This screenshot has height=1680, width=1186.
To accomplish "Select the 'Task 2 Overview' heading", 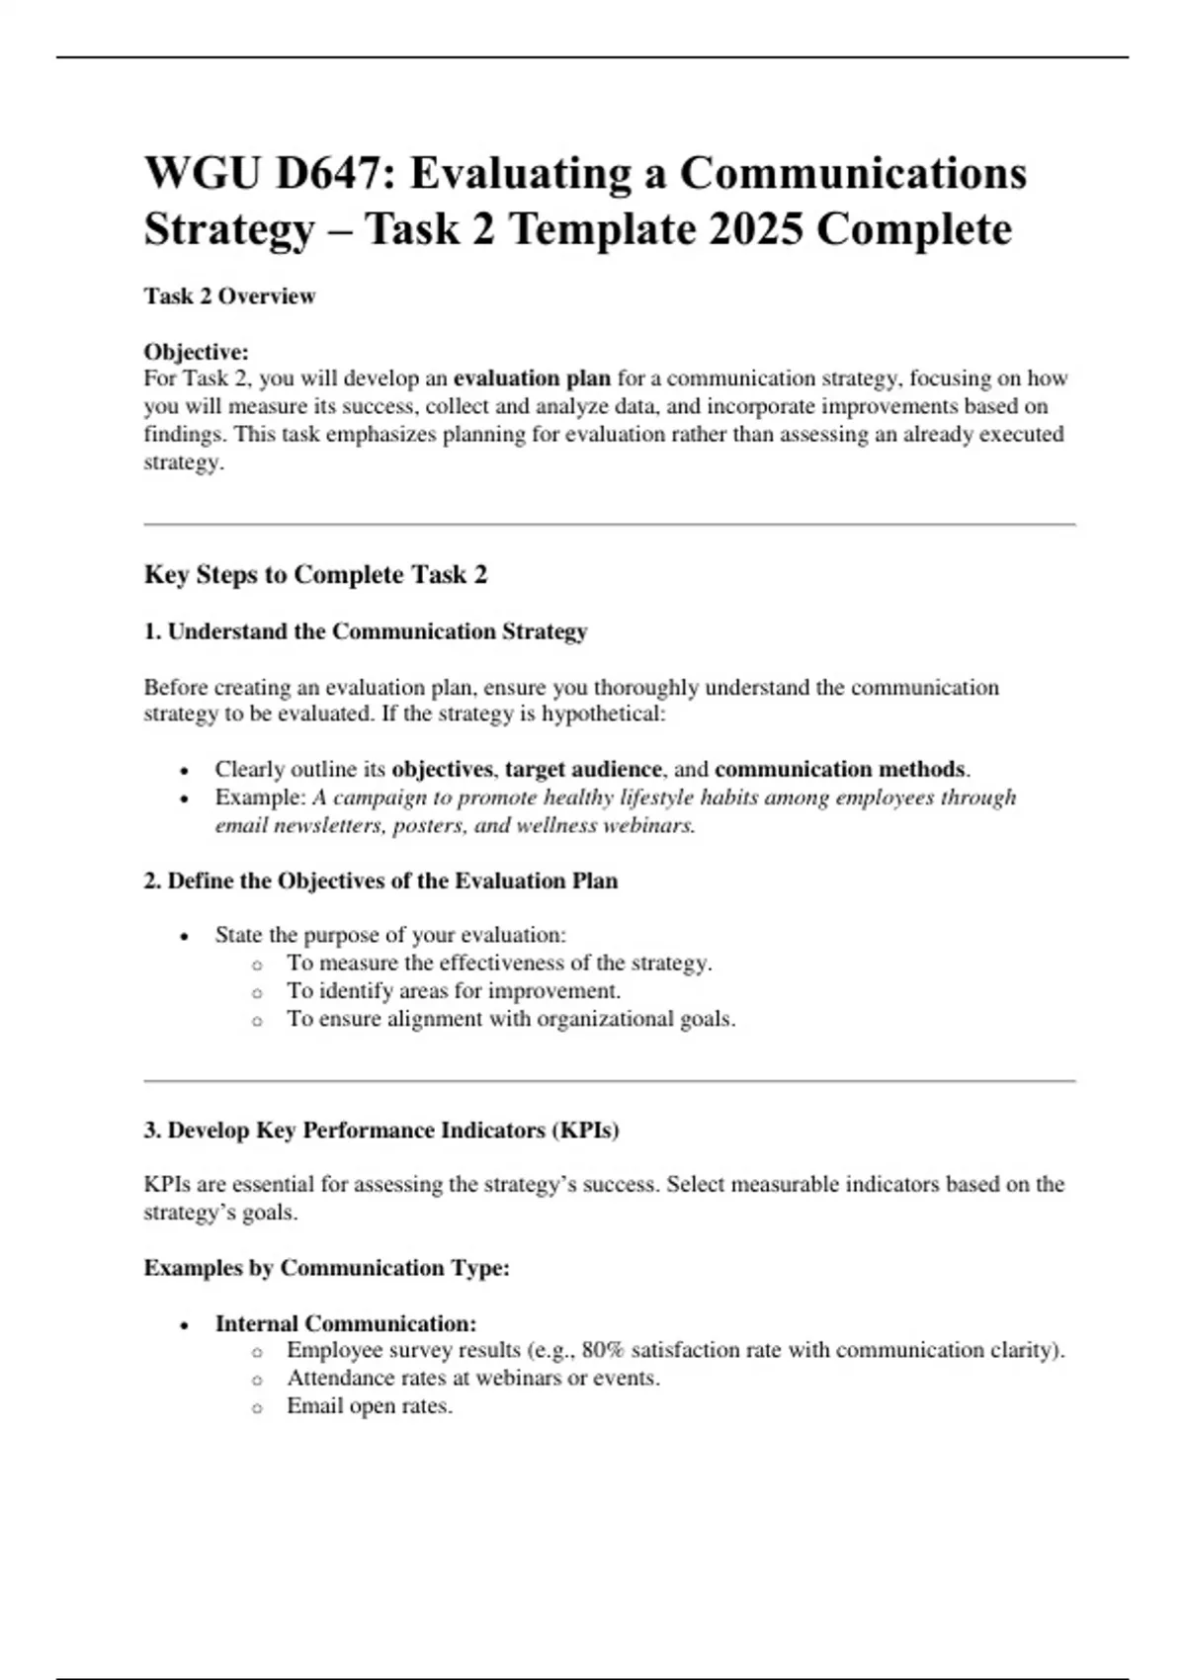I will tap(229, 296).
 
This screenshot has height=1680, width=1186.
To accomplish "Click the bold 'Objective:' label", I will tap(196, 352).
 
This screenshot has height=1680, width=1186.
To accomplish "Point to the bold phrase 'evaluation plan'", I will tap(532, 378).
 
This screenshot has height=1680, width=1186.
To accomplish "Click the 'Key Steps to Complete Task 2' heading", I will tap(315, 575).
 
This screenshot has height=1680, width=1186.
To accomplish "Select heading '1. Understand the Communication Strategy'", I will tap(366, 631).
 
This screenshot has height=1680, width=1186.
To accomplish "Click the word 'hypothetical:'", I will tap(603, 714).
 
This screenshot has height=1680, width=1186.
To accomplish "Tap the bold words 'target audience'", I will tap(583, 769).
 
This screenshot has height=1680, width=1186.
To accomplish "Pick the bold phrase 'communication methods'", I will tap(840, 769).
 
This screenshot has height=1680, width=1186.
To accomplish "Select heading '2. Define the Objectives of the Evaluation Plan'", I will tap(381, 881).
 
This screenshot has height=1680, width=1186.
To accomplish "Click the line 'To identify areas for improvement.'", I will tap(454, 991).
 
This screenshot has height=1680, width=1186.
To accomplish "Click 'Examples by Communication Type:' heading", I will tap(326, 1268).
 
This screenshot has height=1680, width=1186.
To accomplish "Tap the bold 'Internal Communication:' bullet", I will tap(346, 1323).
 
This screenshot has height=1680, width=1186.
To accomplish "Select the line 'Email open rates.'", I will tap(370, 1406).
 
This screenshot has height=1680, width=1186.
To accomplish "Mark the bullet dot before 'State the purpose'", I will tap(185, 937).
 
